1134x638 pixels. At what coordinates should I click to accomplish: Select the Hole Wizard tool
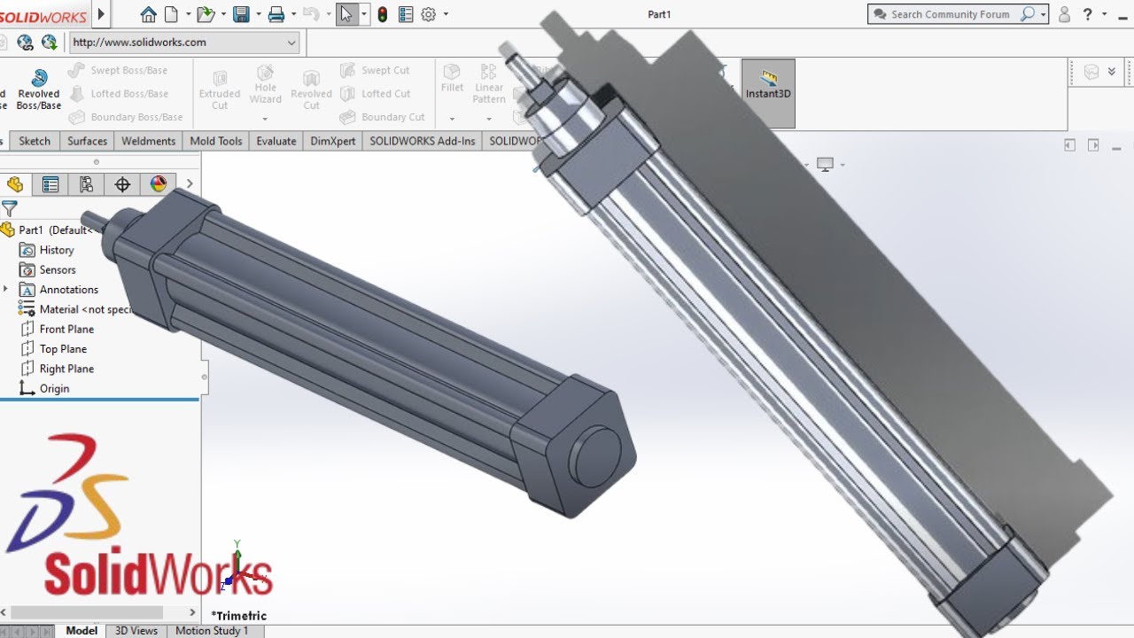tap(265, 85)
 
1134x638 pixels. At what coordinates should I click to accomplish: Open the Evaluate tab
tap(276, 141)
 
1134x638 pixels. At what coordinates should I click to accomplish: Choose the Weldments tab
tap(148, 141)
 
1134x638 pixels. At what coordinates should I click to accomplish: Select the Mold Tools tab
tap(215, 141)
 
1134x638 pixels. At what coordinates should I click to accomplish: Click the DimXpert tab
tap(333, 141)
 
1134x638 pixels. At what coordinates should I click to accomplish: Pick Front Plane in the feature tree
tap(66, 329)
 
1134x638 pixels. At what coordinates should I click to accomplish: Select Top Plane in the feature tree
tap(63, 349)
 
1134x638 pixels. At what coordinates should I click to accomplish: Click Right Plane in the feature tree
tap(66, 369)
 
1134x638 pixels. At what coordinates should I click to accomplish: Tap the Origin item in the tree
tap(54, 388)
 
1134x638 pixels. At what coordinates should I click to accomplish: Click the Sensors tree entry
tap(58, 269)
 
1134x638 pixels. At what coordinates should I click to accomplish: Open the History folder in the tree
tap(56, 250)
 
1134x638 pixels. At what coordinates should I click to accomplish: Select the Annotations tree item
tap(68, 290)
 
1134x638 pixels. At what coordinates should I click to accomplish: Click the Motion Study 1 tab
tap(212, 631)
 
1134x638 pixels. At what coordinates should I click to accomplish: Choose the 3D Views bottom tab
tap(136, 631)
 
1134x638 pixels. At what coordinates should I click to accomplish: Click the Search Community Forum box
tap(950, 14)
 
